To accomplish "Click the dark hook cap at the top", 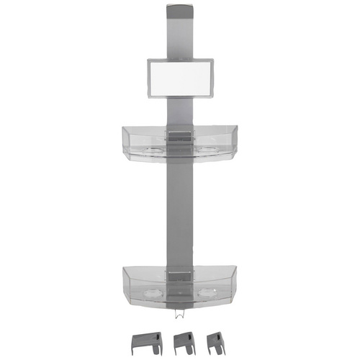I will (x=179, y=12).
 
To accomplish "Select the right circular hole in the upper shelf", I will (x=209, y=150).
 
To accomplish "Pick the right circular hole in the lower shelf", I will (x=209, y=294).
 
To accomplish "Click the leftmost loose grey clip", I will (x=145, y=341).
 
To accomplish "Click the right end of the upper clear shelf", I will (x=238, y=137).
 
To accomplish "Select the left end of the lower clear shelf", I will (x=125, y=278).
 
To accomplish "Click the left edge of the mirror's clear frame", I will (x=148, y=78).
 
